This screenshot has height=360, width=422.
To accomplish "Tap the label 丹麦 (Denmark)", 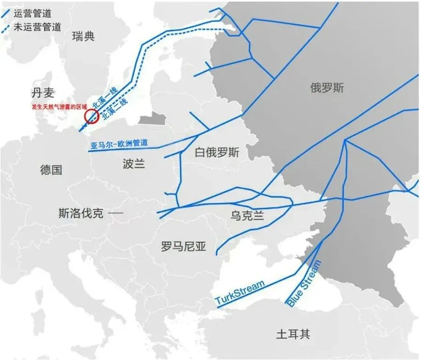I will tap(43, 92).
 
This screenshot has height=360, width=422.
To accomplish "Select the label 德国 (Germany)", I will tap(51, 170).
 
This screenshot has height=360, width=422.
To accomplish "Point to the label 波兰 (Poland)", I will tap(134, 163).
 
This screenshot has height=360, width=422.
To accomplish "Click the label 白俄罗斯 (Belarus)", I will tap(217, 153).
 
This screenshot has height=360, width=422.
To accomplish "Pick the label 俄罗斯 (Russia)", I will tap(326, 87).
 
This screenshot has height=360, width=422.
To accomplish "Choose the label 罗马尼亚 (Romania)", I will tap(183, 246).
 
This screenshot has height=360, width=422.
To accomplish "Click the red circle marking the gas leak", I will tap(90, 116).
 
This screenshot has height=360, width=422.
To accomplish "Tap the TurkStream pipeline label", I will tap(240, 292).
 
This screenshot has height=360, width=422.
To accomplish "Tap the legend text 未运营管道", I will tap(38, 27).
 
